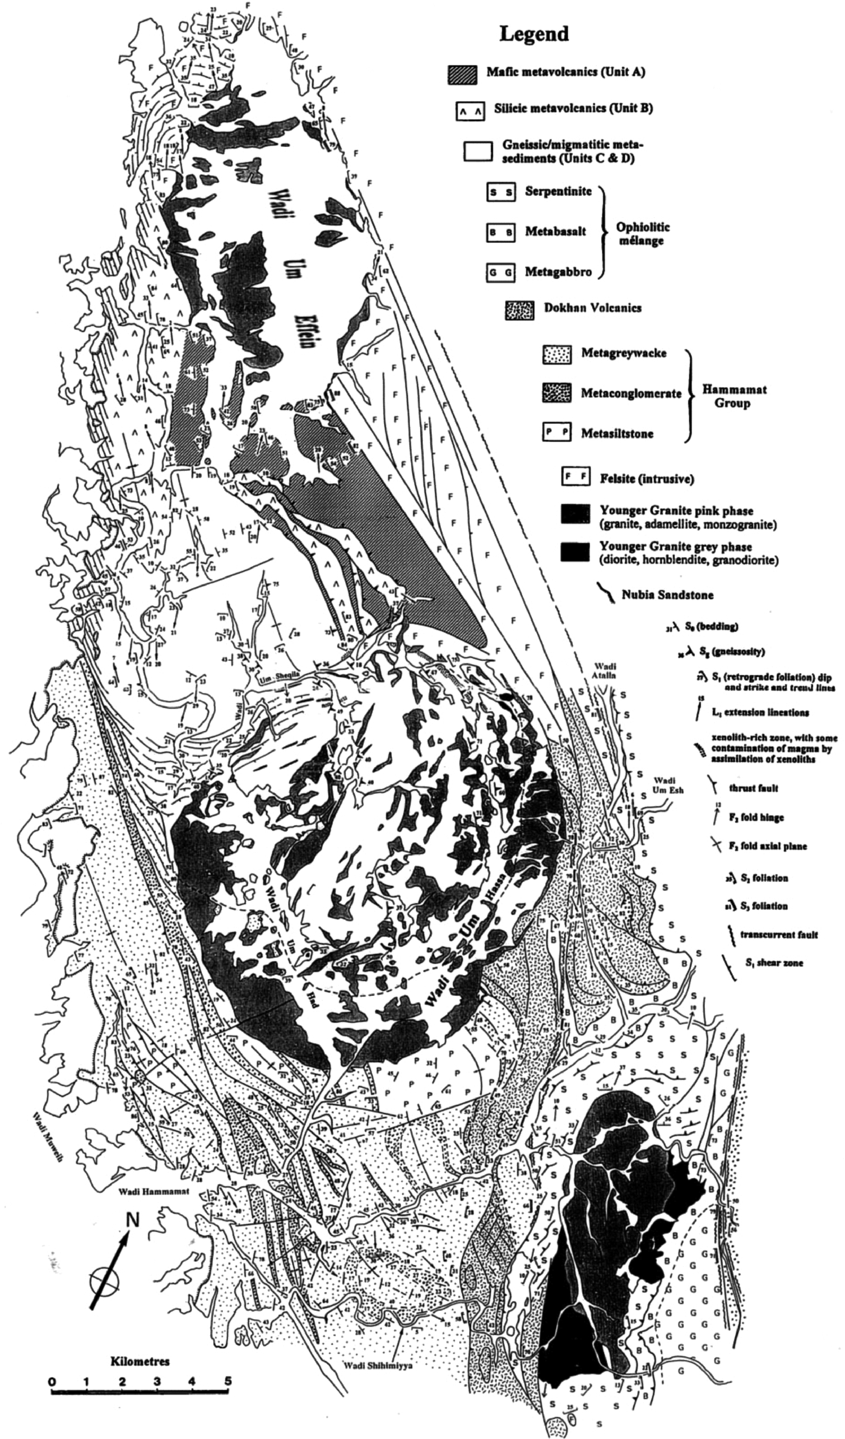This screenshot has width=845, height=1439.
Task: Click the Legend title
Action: click(534, 34)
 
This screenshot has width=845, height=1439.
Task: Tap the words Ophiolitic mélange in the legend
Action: click(643, 234)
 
